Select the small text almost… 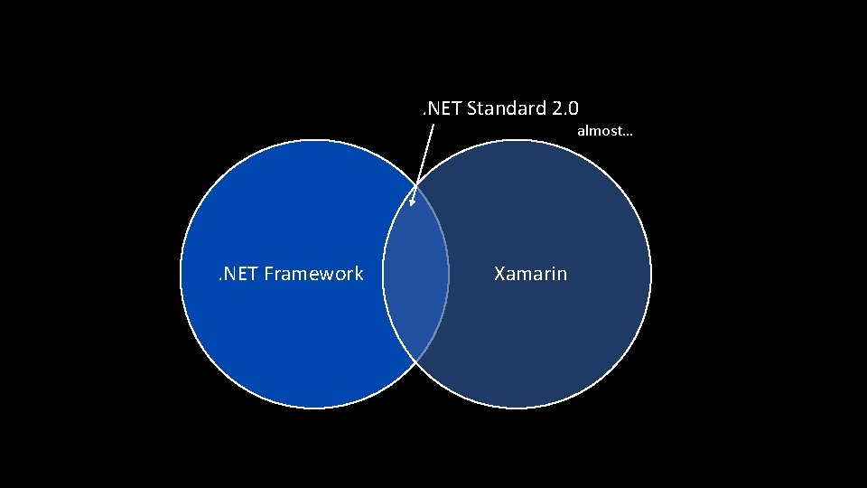tap(604, 131)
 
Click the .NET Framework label tap(289, 273)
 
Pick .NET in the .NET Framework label tap(238, 273)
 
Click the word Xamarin tap(531, 273)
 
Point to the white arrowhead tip tap(411, 206)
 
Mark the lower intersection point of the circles tap(415, 361)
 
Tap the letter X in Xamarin tap(499, 273)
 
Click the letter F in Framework tap(269, 273)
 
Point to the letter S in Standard tap(472, 108)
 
